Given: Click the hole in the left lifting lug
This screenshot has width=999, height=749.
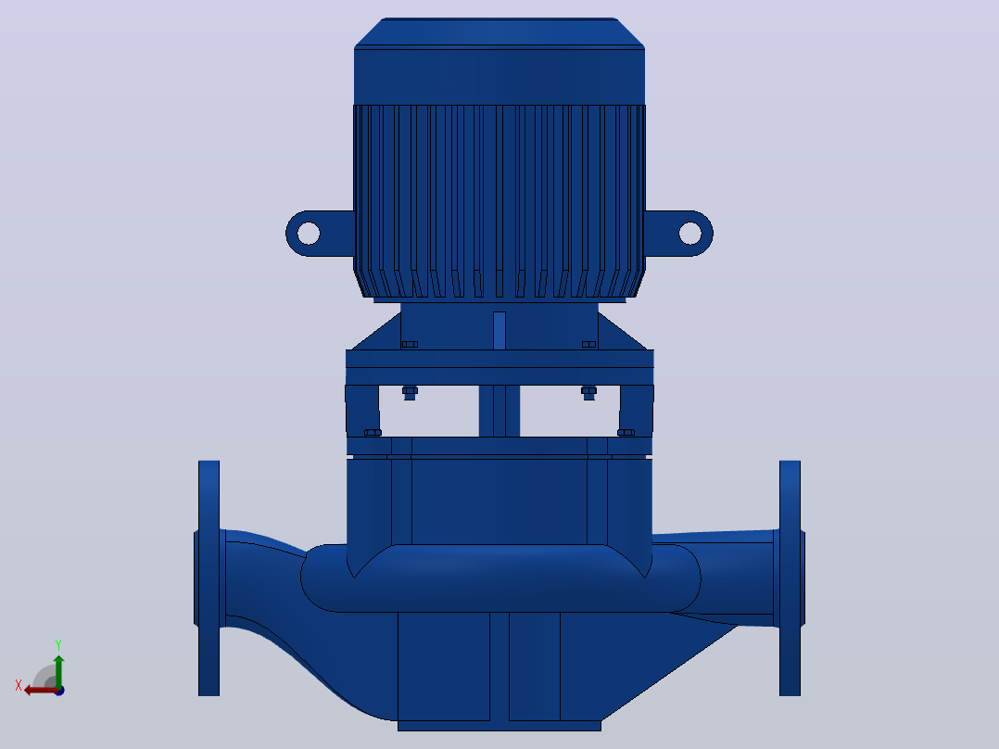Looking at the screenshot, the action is (x=309, y=234).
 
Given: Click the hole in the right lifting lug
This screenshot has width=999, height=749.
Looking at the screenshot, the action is (x=690, y=234).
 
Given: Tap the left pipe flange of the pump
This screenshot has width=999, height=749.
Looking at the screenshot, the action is (x=209, y=578).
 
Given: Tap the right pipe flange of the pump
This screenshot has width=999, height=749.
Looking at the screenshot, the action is (x=790, y=578).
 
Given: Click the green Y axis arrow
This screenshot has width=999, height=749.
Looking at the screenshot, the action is (x=58, y=672).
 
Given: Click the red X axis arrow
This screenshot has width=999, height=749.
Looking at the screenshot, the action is (x=42, y=691).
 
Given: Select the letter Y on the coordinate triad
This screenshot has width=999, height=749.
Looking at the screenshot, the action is (x=58, y=645).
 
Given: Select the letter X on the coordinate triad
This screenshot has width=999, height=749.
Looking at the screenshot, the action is (x=19, y=685).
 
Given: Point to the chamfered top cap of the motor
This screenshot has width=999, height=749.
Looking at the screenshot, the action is (x=499, y=32).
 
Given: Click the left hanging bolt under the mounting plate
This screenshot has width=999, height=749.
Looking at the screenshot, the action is (x=410, y=393).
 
